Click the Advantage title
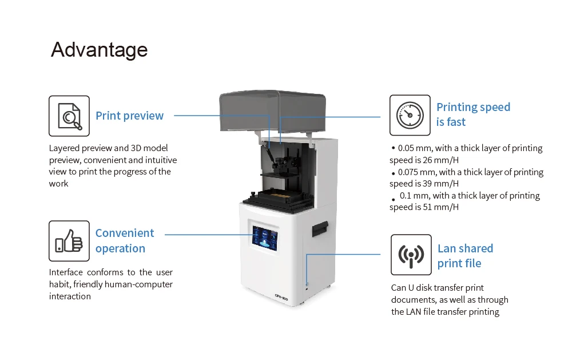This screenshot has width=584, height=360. click(99, 50)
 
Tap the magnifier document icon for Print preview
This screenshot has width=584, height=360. click(69, 116)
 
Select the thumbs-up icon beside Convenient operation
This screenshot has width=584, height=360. click(69, 241)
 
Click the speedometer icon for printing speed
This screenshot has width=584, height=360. click(410, 115)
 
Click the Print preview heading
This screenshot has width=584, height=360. click(129, 116)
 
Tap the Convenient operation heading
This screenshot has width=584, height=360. click(124, 240)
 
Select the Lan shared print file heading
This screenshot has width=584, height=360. click(464, 256)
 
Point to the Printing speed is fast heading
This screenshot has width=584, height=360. click(472, 114)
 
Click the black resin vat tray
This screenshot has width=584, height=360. click(279, 198)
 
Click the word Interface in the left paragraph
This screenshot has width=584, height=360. click(65, 272)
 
